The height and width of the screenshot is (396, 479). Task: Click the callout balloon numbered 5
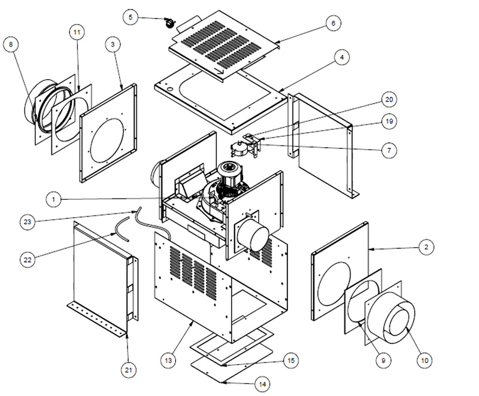(131, 17)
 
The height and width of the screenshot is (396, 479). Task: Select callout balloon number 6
(333, 23)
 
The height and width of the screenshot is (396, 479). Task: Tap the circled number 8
(11, 44)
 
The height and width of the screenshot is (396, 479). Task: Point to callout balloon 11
(77, 32)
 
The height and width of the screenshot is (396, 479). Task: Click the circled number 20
(389, 99)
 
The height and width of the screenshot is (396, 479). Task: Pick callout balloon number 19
(389, 121)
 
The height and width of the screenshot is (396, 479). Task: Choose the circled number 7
(389, 150)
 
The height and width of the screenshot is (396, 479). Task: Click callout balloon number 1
(54, 200)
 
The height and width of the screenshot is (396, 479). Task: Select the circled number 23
(28, 222)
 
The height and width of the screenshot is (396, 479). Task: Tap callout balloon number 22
(28, 260)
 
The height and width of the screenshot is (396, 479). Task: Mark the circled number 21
(128, 370)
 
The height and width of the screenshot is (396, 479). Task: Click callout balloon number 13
(168, 361)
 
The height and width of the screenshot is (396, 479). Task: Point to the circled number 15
(291, 361)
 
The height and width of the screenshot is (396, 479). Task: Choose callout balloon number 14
(262, 384)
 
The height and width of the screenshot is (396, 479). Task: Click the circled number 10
(425, 361)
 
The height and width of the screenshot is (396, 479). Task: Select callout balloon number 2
(426, 247)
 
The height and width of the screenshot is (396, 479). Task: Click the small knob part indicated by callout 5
(169, 23)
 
